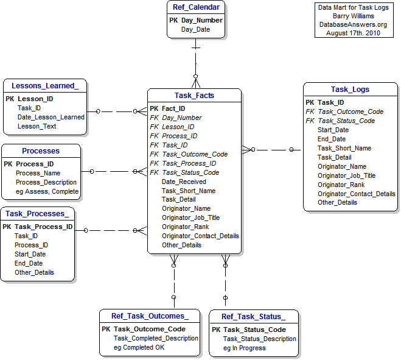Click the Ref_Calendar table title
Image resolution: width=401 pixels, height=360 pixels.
196,8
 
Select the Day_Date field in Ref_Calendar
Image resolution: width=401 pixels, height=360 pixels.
195,29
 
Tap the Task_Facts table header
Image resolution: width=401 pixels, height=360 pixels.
194,96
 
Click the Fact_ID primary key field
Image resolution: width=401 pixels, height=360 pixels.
173,108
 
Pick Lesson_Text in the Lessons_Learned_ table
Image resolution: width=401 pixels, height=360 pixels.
37,126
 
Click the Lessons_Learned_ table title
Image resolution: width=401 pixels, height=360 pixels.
45,86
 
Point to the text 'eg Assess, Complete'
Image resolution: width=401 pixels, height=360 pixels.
47,191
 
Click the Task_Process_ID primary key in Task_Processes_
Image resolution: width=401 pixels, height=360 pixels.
43,227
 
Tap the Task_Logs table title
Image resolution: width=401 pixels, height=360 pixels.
350,90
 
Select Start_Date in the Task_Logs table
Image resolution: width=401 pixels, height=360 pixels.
333,130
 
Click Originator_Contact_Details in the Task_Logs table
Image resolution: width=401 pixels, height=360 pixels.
356,194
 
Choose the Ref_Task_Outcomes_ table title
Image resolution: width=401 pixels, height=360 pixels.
150,316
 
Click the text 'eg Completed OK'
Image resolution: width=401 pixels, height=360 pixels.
139,347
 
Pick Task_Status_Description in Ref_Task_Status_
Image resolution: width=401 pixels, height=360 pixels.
259,339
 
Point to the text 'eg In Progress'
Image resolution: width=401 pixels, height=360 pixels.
244,348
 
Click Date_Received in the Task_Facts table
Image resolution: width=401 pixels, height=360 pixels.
184,182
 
